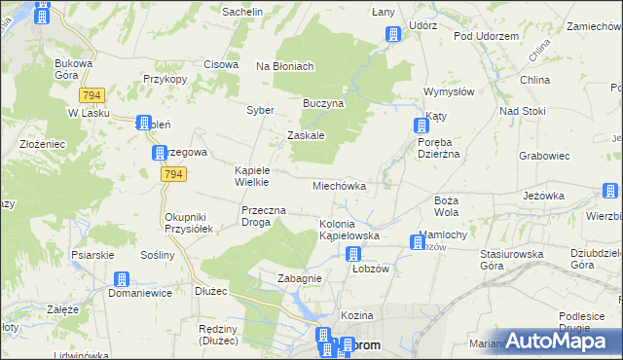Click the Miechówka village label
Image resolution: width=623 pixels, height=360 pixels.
pyautogui.click(x=339, y=185)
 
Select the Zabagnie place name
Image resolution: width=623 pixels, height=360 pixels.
pyautogui.click(x=299, y=278)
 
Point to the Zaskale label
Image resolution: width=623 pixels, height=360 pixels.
pyautogui.click(x=306, y=135)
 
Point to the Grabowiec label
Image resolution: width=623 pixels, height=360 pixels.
pyautogui.click(x=544, y=155)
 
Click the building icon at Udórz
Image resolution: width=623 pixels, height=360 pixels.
pyautogui.click(x=392, y=35)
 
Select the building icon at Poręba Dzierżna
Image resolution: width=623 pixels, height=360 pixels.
pyautogui.click(x=421, y=125)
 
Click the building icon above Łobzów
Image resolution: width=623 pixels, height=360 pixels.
pyautogui.click(x=353, y=254)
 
